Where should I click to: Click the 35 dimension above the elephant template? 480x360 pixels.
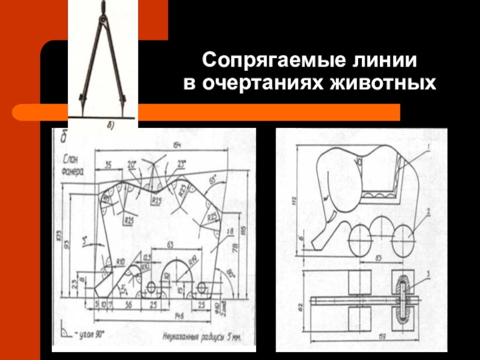click(108, 165)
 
